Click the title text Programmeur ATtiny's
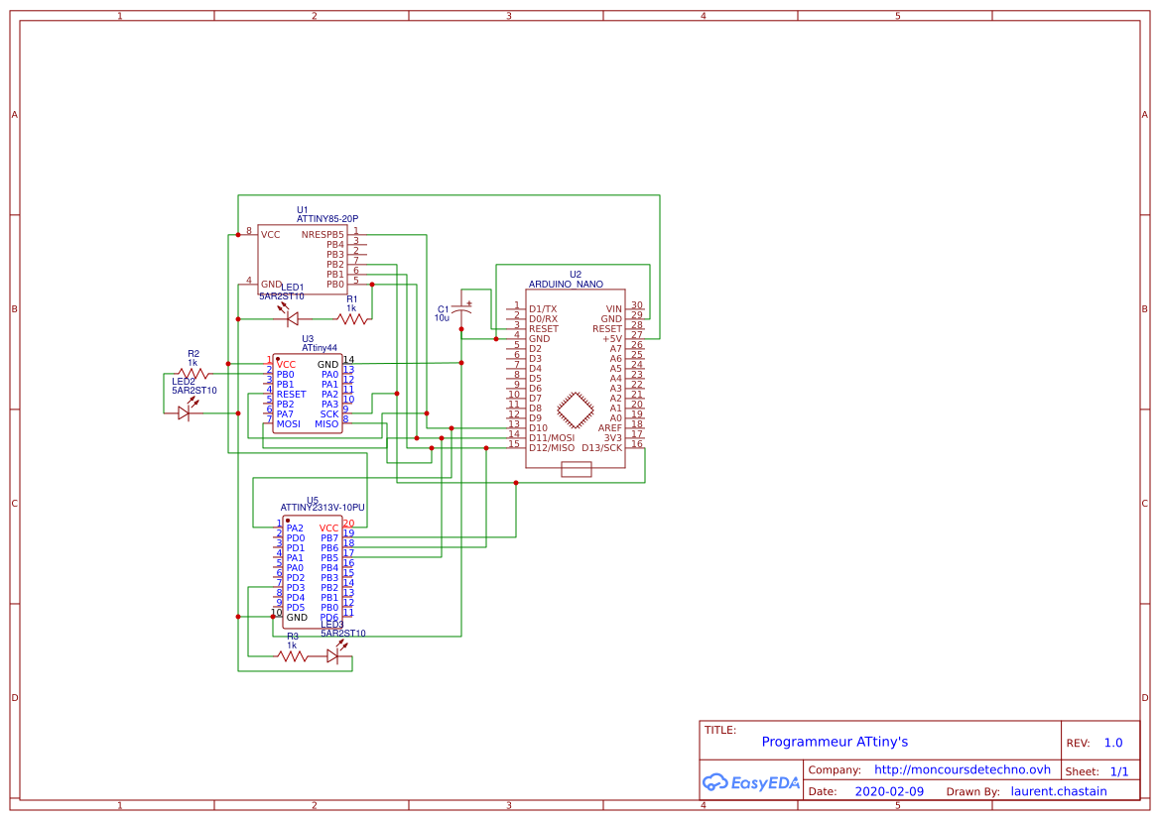(x=834, y=742)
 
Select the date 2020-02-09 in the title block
(x=889, y=791)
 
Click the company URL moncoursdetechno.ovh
(x=962, y=769)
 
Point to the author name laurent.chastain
(x=1059, y=791)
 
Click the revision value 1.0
(x=1112, y=743)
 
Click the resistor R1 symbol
(x=351, y=318)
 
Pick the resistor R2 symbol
(x=193, y=374)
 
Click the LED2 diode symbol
(x=184, y=412)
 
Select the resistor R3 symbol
(x=292, y=655)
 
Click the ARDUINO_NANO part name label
(x=566, y=285)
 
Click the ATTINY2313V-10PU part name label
(x=322, y=508)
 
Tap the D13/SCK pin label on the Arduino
(x=601, y=447)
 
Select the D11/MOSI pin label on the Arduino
(x=552, y=437)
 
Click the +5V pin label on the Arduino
(x=611, y=339)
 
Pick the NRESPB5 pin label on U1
(x=322, y=235)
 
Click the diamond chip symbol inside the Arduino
(x=576, y=410)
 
